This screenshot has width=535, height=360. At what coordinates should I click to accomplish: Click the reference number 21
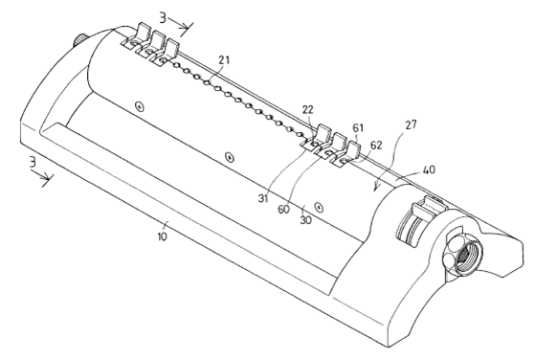click(x=224, y=60)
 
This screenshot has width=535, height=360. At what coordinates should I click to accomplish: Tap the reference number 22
click(x=307, y=110)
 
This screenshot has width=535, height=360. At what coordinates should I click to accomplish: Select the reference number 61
click(x=358, y=128)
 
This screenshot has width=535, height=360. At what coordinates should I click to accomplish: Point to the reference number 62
click(x=376, y=146)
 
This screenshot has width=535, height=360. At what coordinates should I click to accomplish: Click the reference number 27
click(x=412, y=124)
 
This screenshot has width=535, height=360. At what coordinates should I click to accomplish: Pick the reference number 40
click(x=429, y=169)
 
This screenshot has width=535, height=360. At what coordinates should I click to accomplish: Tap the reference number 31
click(x=263, y=198)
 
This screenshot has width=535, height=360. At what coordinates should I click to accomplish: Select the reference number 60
click(x=283, y=209)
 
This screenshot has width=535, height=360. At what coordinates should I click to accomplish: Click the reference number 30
click(x=305, y=220)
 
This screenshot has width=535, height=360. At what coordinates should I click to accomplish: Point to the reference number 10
click(x=163, y=236)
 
